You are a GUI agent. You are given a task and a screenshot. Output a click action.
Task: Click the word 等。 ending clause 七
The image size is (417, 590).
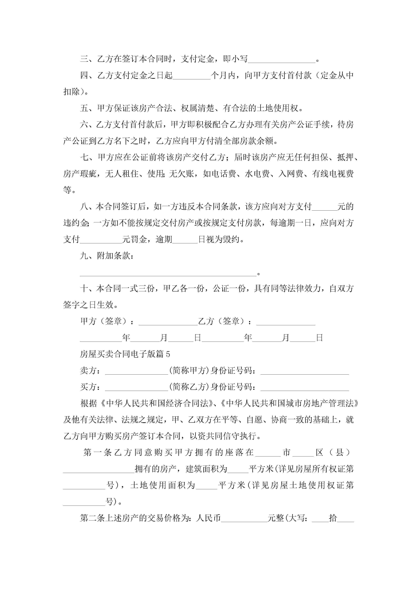(x=69, y=190)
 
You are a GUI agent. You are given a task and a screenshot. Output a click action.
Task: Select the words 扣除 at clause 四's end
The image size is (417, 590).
(x=72, y=91)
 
